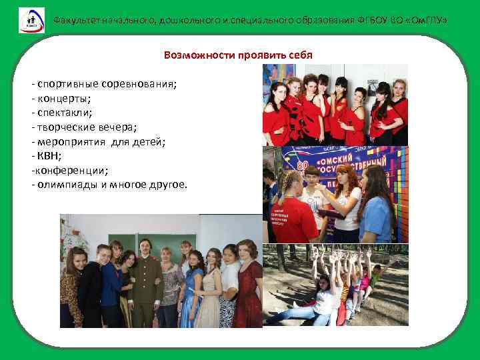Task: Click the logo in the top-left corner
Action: point(31,20)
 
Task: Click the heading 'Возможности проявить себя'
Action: point(238,55)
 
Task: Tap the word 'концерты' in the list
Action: point(65,99)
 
